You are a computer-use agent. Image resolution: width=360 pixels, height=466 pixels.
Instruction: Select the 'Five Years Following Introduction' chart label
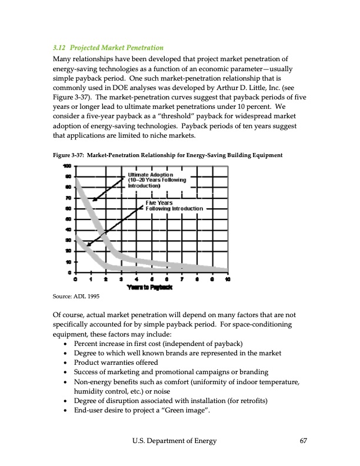174,206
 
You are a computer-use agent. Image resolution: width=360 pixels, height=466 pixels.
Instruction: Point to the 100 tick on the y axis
68,166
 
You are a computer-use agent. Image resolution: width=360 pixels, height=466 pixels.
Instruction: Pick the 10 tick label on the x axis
228,279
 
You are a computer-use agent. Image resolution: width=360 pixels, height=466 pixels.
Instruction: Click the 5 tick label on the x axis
151,279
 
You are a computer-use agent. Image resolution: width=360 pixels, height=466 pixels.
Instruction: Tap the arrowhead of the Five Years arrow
88,245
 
